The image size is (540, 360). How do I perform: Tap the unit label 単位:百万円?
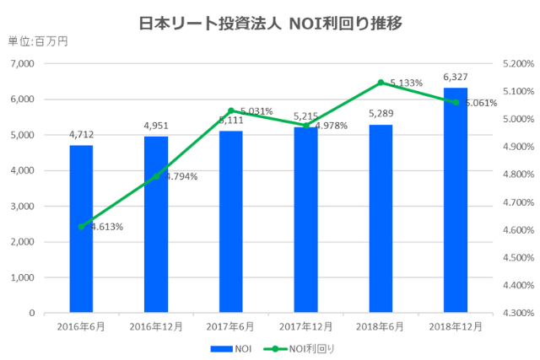coord(37,41)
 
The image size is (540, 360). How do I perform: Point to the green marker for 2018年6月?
coord(381,83)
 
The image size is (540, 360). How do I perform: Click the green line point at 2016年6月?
coord(81,226)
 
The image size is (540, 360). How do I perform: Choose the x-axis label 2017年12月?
coord(306,326)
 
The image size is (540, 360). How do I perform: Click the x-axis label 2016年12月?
coord(156,326)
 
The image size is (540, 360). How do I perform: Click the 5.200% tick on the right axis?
coord(512,64)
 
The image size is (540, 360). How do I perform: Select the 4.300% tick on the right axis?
coord(512,314)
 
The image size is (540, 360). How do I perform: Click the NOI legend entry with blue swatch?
coord(234,347)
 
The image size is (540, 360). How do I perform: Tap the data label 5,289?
coord(381,114)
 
